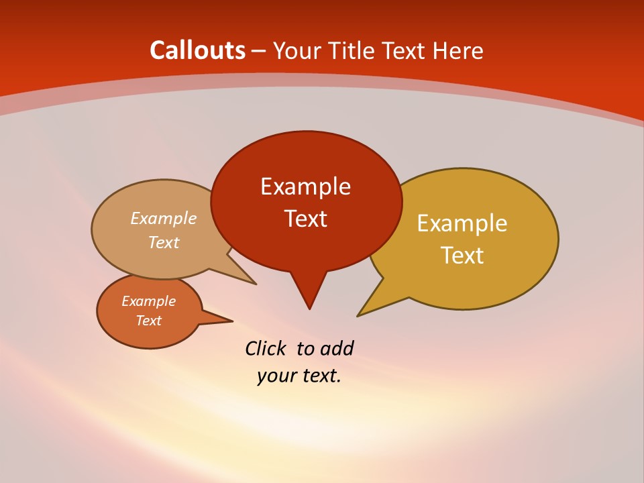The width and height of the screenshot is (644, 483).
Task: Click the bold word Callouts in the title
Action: (x=197, y=50)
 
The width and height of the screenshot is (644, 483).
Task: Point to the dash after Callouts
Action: (x=260, y=51)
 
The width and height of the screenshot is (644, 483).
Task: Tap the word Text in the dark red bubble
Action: (x=305, y=219)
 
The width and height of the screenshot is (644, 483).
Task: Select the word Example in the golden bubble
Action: (x=462, y=223)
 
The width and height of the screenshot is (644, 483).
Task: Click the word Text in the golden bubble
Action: (x=462, y=256)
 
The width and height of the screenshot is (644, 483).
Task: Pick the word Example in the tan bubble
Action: (x=163, y=218)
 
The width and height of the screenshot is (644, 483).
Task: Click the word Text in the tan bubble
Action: (x=163, y=242)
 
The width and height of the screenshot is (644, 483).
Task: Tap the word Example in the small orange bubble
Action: (x=148, y=301)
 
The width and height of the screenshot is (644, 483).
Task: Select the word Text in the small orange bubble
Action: (x=148, y=321)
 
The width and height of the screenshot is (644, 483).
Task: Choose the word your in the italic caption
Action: (x=276, y=376)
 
